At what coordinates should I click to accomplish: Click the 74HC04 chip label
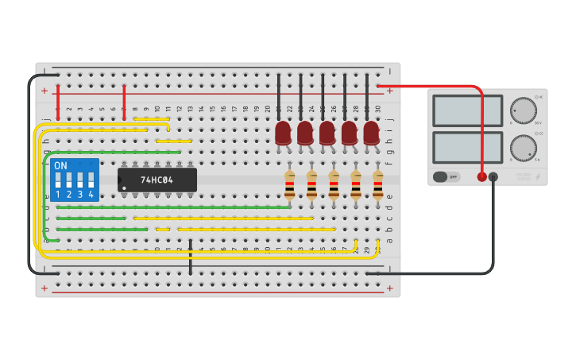(157, 180)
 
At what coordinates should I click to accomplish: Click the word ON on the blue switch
(60, 165)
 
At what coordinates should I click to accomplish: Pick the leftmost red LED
(283, 133)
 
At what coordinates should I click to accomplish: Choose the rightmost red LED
(371, 133)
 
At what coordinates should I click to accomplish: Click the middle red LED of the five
(327, 133)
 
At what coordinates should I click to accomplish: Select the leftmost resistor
(290, 184)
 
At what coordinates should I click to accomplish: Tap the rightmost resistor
(377, 184)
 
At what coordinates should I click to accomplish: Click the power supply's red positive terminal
(481, 176)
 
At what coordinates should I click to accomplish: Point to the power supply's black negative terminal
(493, 176)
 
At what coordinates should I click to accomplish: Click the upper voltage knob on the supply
(523, 111)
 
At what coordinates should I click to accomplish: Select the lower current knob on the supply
(523, 148)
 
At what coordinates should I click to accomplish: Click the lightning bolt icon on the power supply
(537, 176)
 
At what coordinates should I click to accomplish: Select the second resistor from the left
(311, 184)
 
